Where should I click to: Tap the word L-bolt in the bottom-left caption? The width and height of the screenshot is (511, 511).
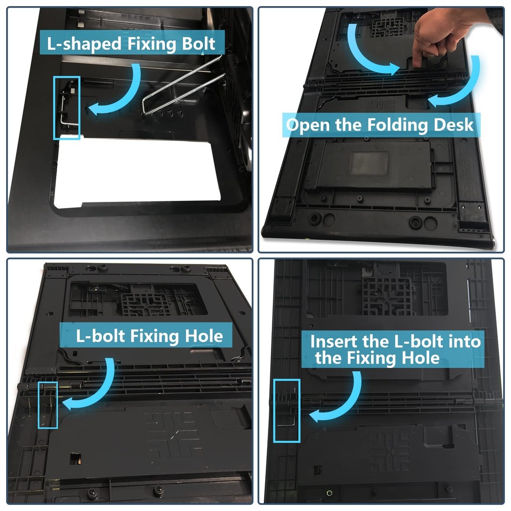click(101, 336)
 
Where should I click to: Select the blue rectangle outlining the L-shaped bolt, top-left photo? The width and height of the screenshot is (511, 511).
click(54, 107)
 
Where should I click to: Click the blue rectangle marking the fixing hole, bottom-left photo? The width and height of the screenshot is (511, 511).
click(39, 405)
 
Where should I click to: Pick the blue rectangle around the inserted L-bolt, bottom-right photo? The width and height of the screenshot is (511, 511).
click(274, 411)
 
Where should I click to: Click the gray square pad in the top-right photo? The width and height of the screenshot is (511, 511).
click(369, 163)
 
